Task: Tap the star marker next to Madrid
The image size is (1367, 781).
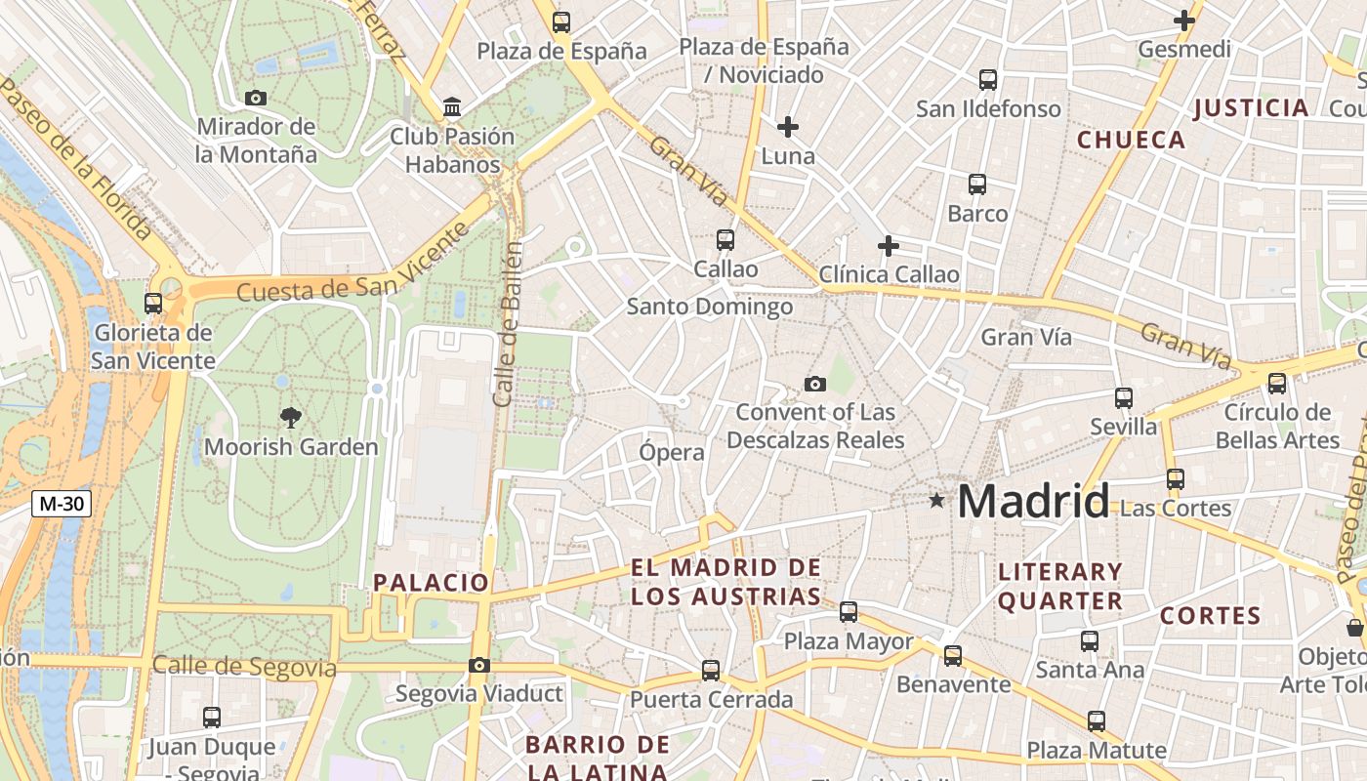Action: point(937,501)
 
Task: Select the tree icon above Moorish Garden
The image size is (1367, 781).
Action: point(290,418)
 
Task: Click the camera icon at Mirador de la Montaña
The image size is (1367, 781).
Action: point(256,98)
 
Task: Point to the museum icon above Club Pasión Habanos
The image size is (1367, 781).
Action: point(452,106)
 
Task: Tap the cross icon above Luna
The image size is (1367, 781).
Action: point(788,126)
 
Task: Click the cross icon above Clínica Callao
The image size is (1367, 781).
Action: point(888,245)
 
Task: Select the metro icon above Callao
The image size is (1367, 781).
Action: point(725,239)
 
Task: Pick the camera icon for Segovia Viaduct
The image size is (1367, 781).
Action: point(478,665)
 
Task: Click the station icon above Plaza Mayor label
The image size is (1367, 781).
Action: point(849,612)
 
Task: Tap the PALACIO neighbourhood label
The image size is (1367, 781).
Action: point(431,583)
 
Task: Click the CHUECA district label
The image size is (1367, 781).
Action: point(1131,140)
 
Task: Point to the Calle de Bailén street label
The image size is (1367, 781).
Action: point(508,324)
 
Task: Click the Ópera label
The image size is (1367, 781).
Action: point(671,452)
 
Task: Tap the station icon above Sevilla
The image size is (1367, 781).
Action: point(1124,397)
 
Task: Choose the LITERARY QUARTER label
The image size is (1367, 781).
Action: point(1060,586)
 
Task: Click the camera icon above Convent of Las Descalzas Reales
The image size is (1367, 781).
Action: point(814,384)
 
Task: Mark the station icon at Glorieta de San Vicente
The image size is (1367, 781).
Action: point(153,303)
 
